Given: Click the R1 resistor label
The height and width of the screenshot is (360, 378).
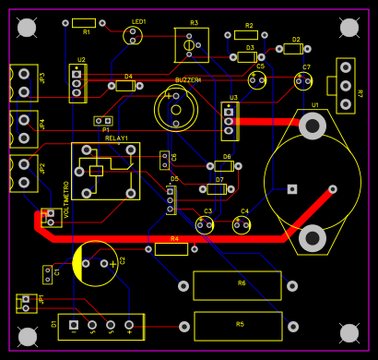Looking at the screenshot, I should click(x=86, y=32).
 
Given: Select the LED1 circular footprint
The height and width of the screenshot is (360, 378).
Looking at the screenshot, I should click(x=133, y=35).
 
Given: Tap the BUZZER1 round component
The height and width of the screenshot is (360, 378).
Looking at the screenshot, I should click(x=175, y=108).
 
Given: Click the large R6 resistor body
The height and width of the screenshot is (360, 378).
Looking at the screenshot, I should click(x=237, y=285).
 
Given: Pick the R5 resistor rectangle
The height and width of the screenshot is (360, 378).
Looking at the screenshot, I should click(x=237, y=326).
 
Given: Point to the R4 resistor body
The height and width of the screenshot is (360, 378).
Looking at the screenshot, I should click(x=171, y=248).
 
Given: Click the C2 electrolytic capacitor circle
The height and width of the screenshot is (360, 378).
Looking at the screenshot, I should click(x=96, y=263).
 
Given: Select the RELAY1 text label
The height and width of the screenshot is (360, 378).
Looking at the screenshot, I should click(x=117, y=138).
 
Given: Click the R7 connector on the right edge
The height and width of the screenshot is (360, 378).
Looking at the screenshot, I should click(x=346, y=85).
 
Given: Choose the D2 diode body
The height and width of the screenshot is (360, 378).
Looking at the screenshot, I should click(x=292, y=49).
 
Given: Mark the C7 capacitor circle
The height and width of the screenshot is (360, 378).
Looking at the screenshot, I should click(x=303, y=80).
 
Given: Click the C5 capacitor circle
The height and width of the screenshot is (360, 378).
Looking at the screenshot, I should click(x=257, y=79).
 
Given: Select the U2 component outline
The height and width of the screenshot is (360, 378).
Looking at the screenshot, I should click(x=77, y=83).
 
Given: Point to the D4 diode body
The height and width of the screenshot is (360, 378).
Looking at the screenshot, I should click(x=125, y=86).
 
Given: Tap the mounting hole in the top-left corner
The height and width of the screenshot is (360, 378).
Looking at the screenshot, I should click(x=27, y=28).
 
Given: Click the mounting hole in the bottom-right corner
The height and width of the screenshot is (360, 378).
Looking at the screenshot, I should click(x=348, y=332).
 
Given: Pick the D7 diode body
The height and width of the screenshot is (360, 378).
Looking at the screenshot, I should click(x=217, y=189).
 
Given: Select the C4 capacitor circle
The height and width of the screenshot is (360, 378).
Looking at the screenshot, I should click(x=242, y=223).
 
